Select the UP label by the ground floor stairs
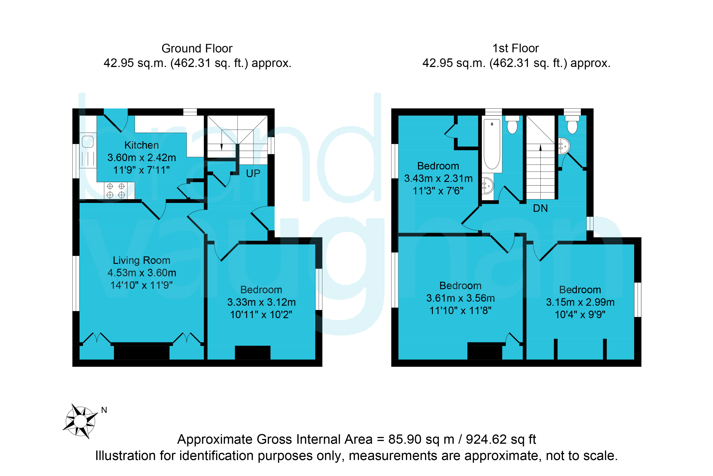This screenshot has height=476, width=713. click(253, 173)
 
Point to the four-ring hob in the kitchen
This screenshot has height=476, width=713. click(116, 190)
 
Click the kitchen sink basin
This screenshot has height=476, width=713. click(88, 141)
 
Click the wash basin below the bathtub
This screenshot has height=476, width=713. click(488, 185)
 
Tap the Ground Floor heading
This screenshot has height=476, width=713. click(197, 48)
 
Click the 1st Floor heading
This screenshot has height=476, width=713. click(516, 48)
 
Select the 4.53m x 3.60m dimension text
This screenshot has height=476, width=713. click(142, 273)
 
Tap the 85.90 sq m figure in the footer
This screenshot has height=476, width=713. click(421, 439)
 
